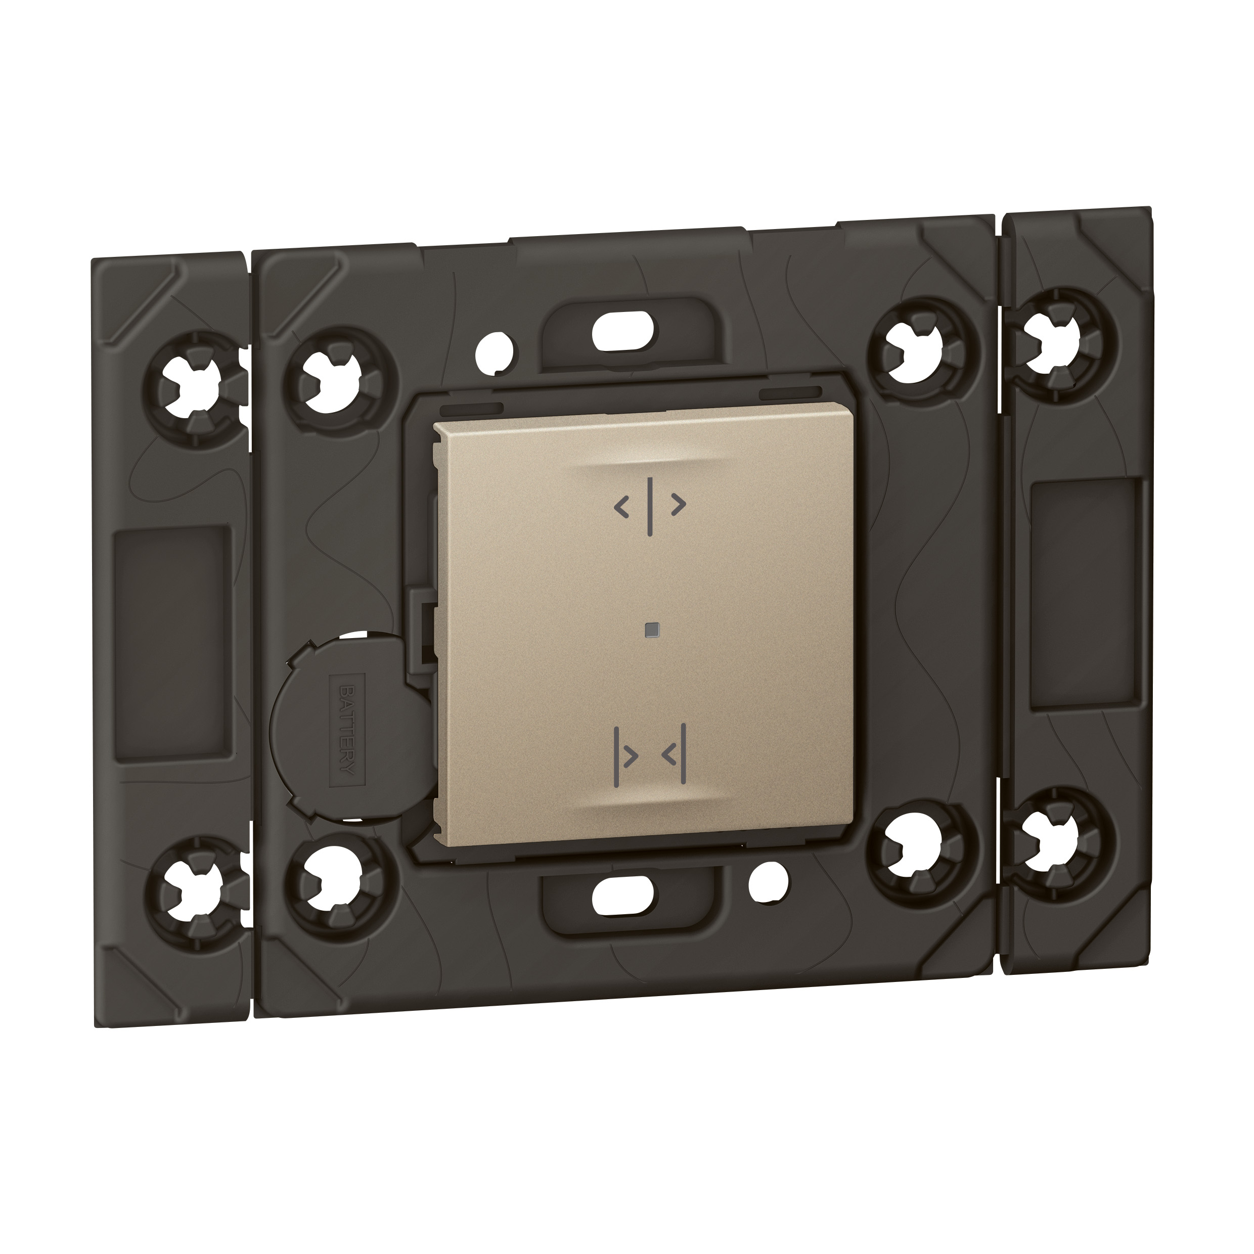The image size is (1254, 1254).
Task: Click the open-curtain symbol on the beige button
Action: coord(650,506)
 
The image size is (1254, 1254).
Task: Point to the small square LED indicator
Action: coord(651,629)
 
